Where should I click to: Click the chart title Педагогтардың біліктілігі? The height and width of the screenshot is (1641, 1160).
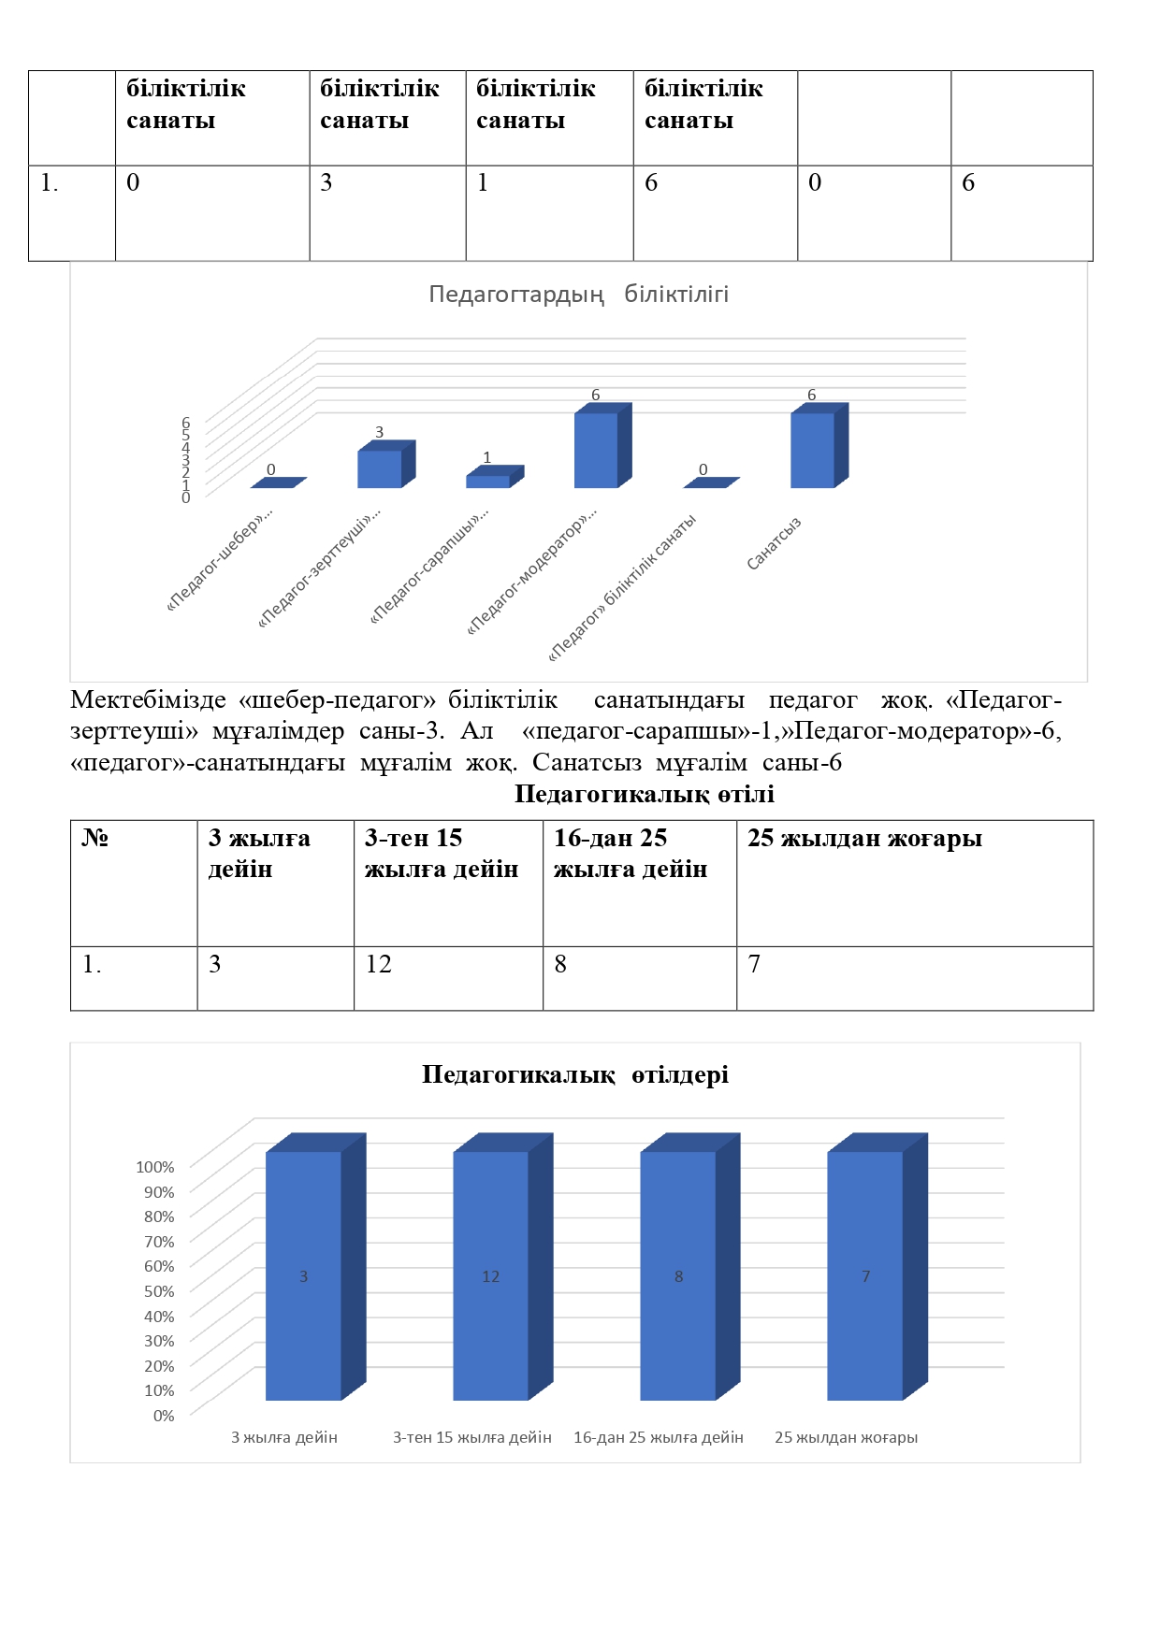(578, 295)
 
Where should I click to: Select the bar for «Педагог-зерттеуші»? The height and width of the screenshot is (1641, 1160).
(380, 468)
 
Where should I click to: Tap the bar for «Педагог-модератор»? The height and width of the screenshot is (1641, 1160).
(596, 450)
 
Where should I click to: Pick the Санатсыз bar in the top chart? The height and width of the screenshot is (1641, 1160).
(812, 450)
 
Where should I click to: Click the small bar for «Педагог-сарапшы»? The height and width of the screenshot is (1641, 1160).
(487, 482)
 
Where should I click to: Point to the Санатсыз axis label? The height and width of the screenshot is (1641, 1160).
(774, 543)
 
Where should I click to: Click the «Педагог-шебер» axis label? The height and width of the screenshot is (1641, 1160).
(220, 559)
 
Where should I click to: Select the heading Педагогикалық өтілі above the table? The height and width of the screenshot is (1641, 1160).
(644, 794)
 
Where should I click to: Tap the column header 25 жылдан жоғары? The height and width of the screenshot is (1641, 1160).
(864, 838)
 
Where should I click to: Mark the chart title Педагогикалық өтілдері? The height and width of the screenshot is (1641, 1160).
(574, 1074)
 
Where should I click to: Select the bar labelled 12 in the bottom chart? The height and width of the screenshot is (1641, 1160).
(491, 1276)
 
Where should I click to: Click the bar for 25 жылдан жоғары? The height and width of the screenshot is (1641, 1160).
(865, 1276)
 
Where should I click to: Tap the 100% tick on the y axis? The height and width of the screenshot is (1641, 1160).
(155, 1167)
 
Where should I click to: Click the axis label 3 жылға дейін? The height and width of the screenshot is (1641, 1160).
(284, 1437)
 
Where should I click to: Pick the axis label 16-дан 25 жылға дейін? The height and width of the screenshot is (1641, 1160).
(659, 1437)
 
